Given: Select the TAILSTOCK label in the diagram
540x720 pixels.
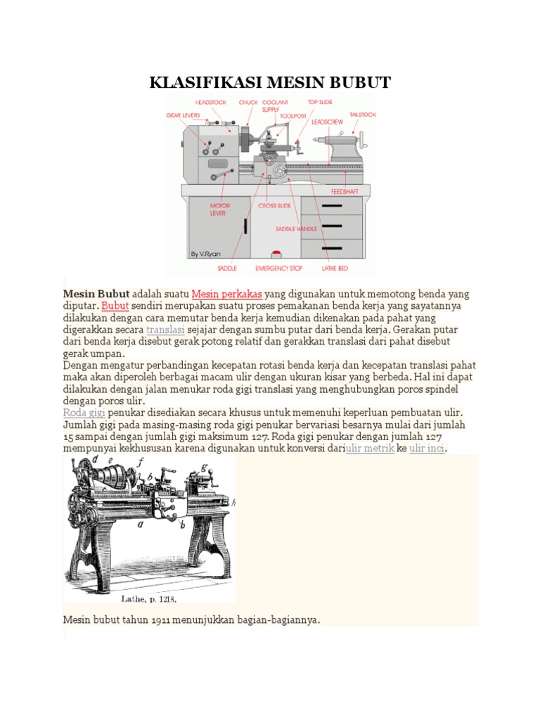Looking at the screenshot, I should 363,114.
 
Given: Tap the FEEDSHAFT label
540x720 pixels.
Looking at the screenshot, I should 346,191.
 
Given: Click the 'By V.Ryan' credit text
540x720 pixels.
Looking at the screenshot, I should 205,253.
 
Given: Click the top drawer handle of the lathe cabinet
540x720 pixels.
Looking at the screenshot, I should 331,205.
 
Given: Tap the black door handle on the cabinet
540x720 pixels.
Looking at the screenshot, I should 245,226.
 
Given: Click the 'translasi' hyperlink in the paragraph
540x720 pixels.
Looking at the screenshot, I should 165,329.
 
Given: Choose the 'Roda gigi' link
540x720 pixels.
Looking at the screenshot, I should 84,412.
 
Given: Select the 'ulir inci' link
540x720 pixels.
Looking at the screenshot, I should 427,448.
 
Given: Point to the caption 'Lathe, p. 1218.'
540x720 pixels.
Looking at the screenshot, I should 149,598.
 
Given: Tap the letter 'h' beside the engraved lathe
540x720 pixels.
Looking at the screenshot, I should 233,502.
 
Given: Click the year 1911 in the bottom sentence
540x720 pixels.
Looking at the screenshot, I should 146,620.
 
